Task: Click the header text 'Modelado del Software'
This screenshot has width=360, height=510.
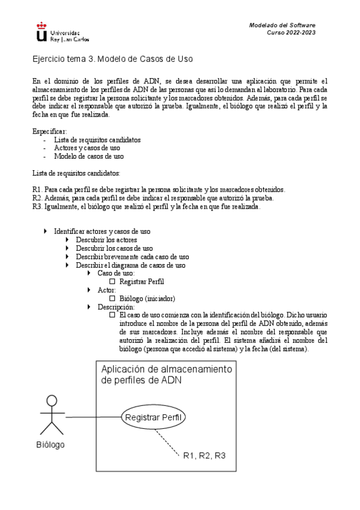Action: pyautogui.click(x=282, y=25)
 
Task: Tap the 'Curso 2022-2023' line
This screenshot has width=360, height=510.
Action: pyautogui.click(x=291, y=32)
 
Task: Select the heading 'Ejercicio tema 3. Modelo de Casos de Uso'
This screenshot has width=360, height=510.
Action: pyautogui.click(x=112, y=60)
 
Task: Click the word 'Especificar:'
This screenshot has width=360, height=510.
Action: pyautogui.click(x=50, y=131)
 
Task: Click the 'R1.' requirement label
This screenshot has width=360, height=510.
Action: pyautogui.click(x=37, y=189)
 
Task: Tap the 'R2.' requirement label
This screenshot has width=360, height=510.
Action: pyautogui.click(x=37, y=198)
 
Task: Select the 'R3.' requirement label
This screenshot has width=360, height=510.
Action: pyautogui.click(x=37, y=206)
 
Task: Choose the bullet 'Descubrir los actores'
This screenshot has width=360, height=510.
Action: pyautogui.click(x=102, y=239)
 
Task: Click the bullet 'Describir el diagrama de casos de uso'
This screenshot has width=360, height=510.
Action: pyautogui.click(x=130, y=265)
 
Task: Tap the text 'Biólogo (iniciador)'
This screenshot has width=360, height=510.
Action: pyautogui.click(x=147, y=298)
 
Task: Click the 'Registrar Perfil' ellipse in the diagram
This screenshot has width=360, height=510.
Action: pyautogui.click(x=154, y=417)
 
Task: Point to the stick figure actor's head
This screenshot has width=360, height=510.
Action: pyautogui.click(x=52, y=402)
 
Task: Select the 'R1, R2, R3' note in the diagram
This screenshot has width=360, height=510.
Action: pyautogui.click(x=204, y=455)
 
